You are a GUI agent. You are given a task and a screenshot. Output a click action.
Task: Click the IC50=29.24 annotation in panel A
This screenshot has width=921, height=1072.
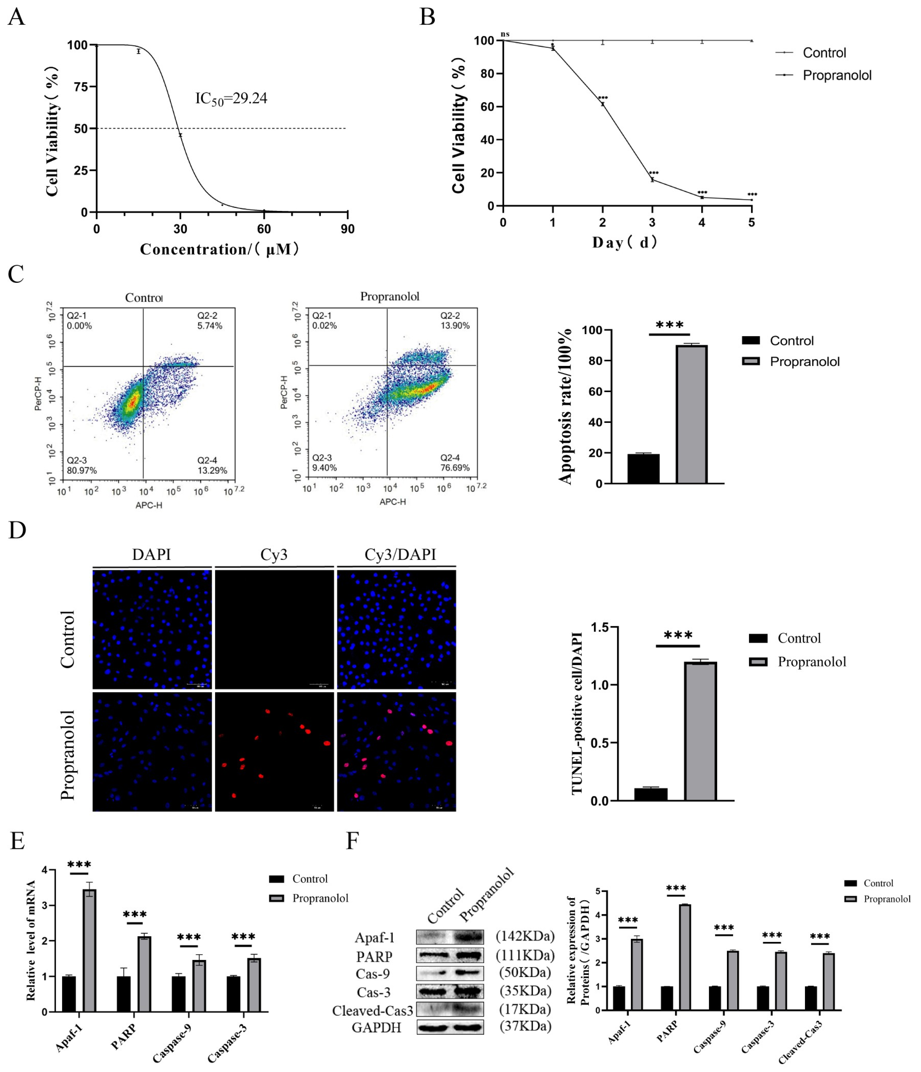231,98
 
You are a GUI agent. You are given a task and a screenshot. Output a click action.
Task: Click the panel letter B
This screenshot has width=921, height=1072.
427,17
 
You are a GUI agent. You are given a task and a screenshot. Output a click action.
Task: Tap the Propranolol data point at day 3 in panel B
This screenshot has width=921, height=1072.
652,180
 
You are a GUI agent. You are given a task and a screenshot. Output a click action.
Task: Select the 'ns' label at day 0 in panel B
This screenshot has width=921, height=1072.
505,34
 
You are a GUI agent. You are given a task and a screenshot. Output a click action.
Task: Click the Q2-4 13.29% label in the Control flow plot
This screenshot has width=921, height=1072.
212,465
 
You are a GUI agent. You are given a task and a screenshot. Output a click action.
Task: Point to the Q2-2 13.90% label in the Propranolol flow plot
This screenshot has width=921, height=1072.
454,320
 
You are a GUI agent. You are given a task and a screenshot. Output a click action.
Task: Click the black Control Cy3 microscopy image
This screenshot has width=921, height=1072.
274,629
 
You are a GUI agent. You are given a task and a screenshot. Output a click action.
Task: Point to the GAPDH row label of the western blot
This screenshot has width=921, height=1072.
376,1027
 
